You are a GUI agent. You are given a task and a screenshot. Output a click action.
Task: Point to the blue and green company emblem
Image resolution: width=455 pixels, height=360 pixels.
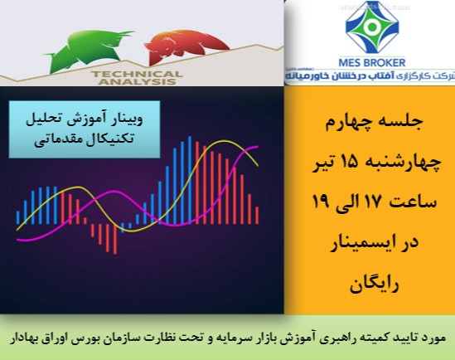click(x=370, y=29)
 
